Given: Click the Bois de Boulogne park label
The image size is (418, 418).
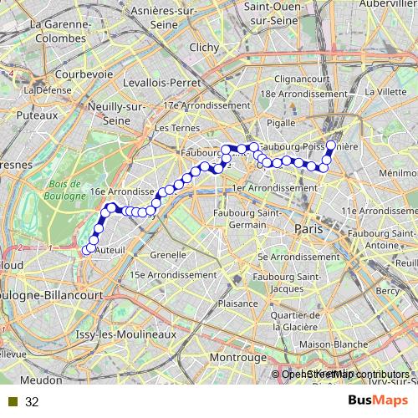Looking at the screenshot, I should (x=64, y=190).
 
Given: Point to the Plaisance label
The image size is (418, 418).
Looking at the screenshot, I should (x=237, y=305).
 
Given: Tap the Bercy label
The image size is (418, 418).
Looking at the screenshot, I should (x=388, y=291).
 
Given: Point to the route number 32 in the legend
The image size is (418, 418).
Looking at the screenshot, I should (x=32, y=402).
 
